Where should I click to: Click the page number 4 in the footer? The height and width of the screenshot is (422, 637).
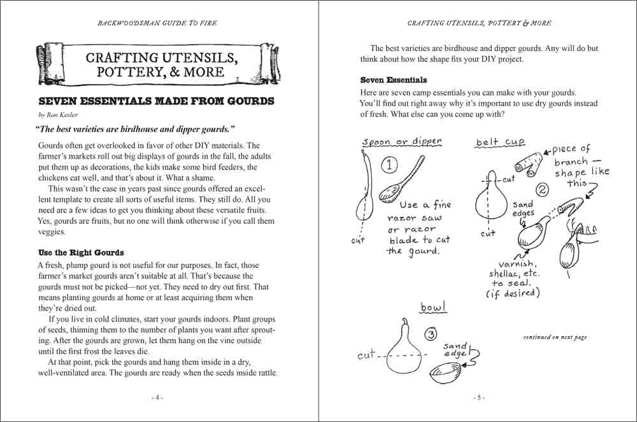pos(158,397)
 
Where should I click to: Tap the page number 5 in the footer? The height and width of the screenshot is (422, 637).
pos(478,397)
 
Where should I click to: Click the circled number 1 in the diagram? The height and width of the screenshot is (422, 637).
pos(389,165)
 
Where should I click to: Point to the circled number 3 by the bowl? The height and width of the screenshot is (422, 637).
pos(431,335)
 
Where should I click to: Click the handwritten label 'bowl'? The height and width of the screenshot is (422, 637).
pos(433,308)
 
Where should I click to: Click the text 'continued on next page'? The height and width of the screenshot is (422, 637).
pos(555,337)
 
